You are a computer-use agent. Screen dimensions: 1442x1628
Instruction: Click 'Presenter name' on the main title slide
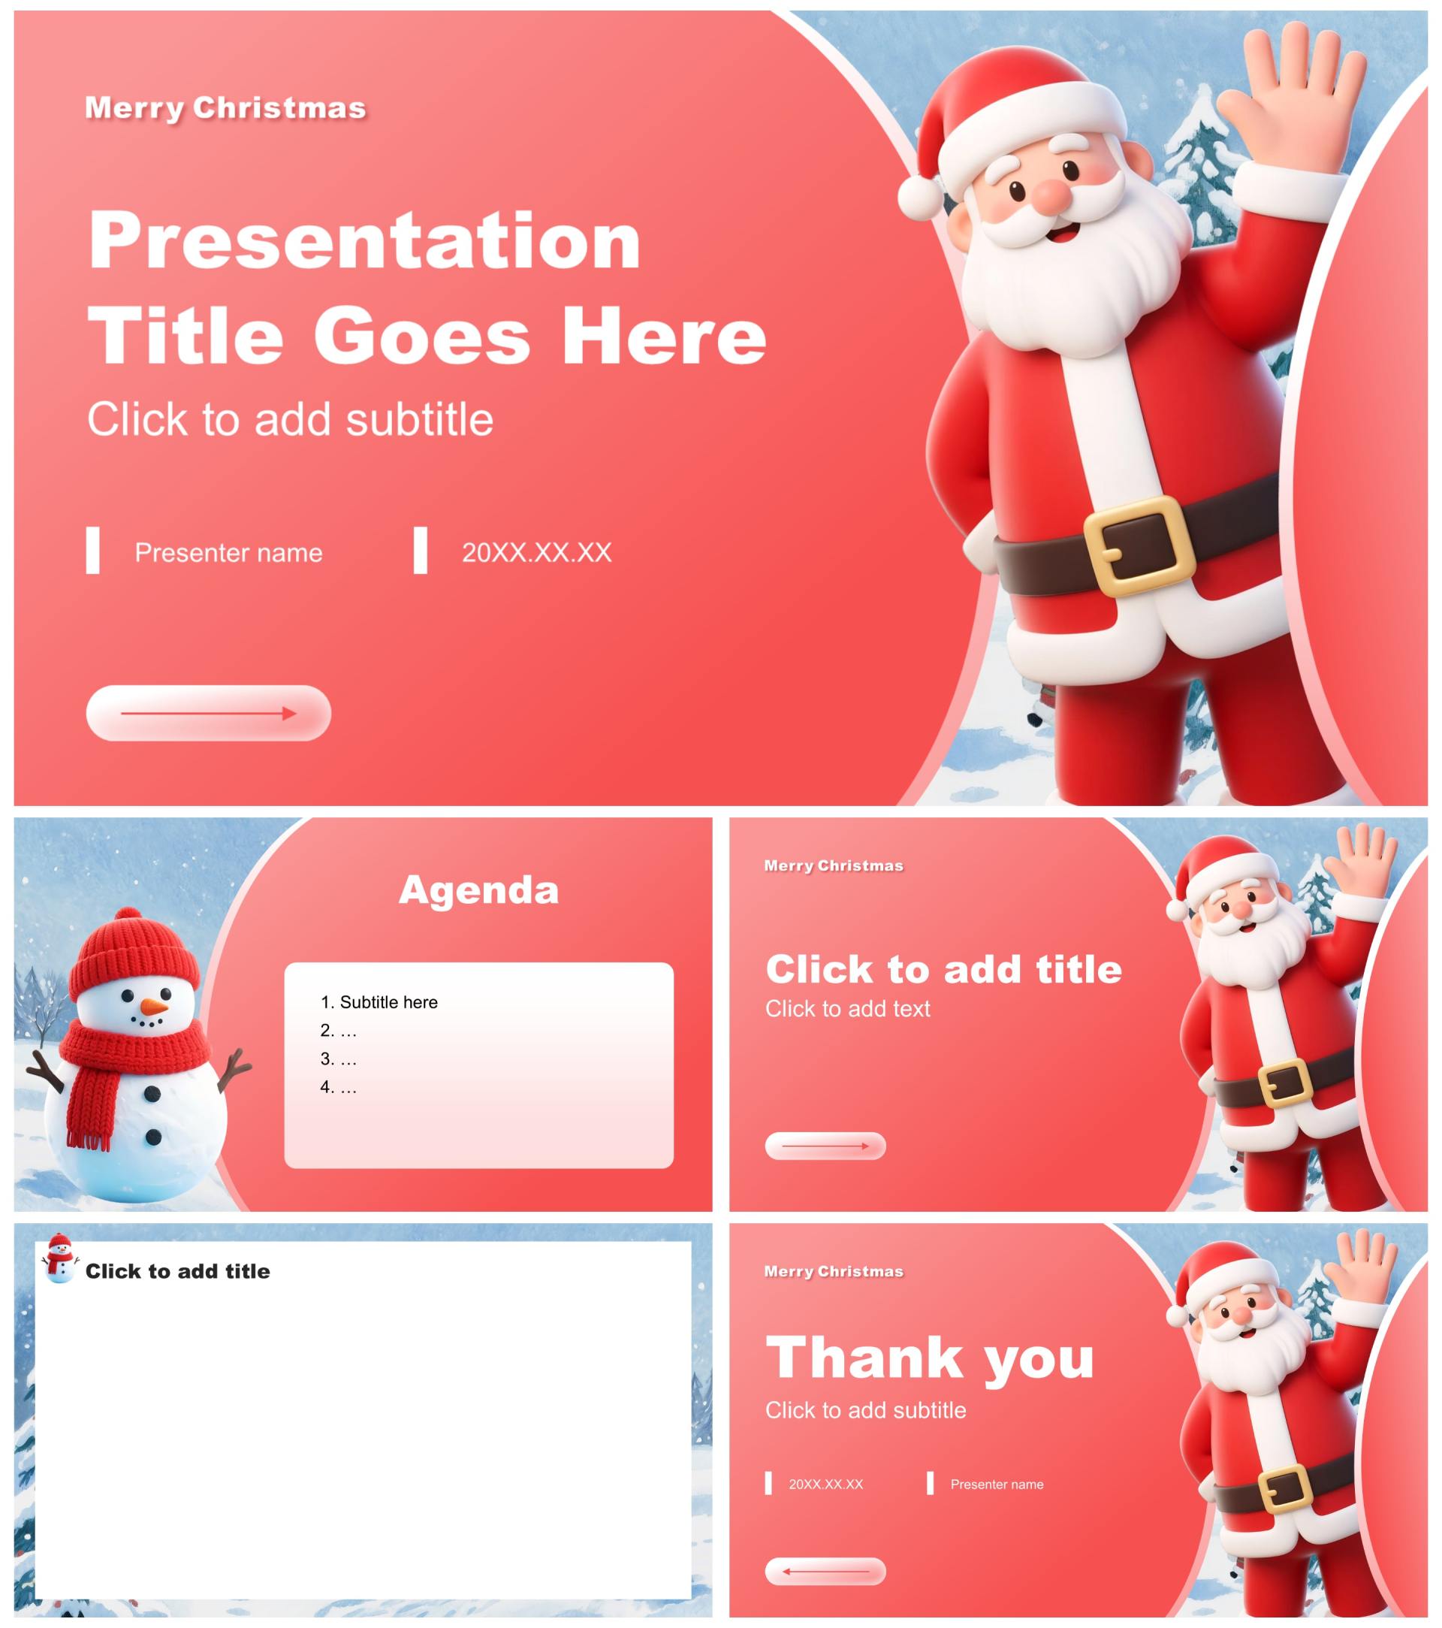point(228,552)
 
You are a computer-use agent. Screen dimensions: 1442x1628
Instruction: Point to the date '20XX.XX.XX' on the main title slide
point(537,552)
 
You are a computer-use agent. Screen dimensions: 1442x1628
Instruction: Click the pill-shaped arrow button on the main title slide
point(209,713)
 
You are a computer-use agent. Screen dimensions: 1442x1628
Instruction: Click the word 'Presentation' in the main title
point(365,240)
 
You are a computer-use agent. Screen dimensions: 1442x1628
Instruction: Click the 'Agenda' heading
point(478,890)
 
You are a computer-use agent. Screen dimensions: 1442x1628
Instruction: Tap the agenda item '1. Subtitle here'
point(379,1002)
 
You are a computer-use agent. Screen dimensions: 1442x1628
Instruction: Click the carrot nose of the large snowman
point(154,1007)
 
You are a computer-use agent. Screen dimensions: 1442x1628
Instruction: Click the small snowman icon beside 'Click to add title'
point(60,1258)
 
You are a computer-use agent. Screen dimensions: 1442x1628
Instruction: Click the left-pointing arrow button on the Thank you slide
point(825,1572)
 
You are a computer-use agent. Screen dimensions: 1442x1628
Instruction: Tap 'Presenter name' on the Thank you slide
point(997,1484)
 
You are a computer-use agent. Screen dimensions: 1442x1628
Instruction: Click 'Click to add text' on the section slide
point(847,1008)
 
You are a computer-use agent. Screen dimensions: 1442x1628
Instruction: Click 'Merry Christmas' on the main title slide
point(225,107)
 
